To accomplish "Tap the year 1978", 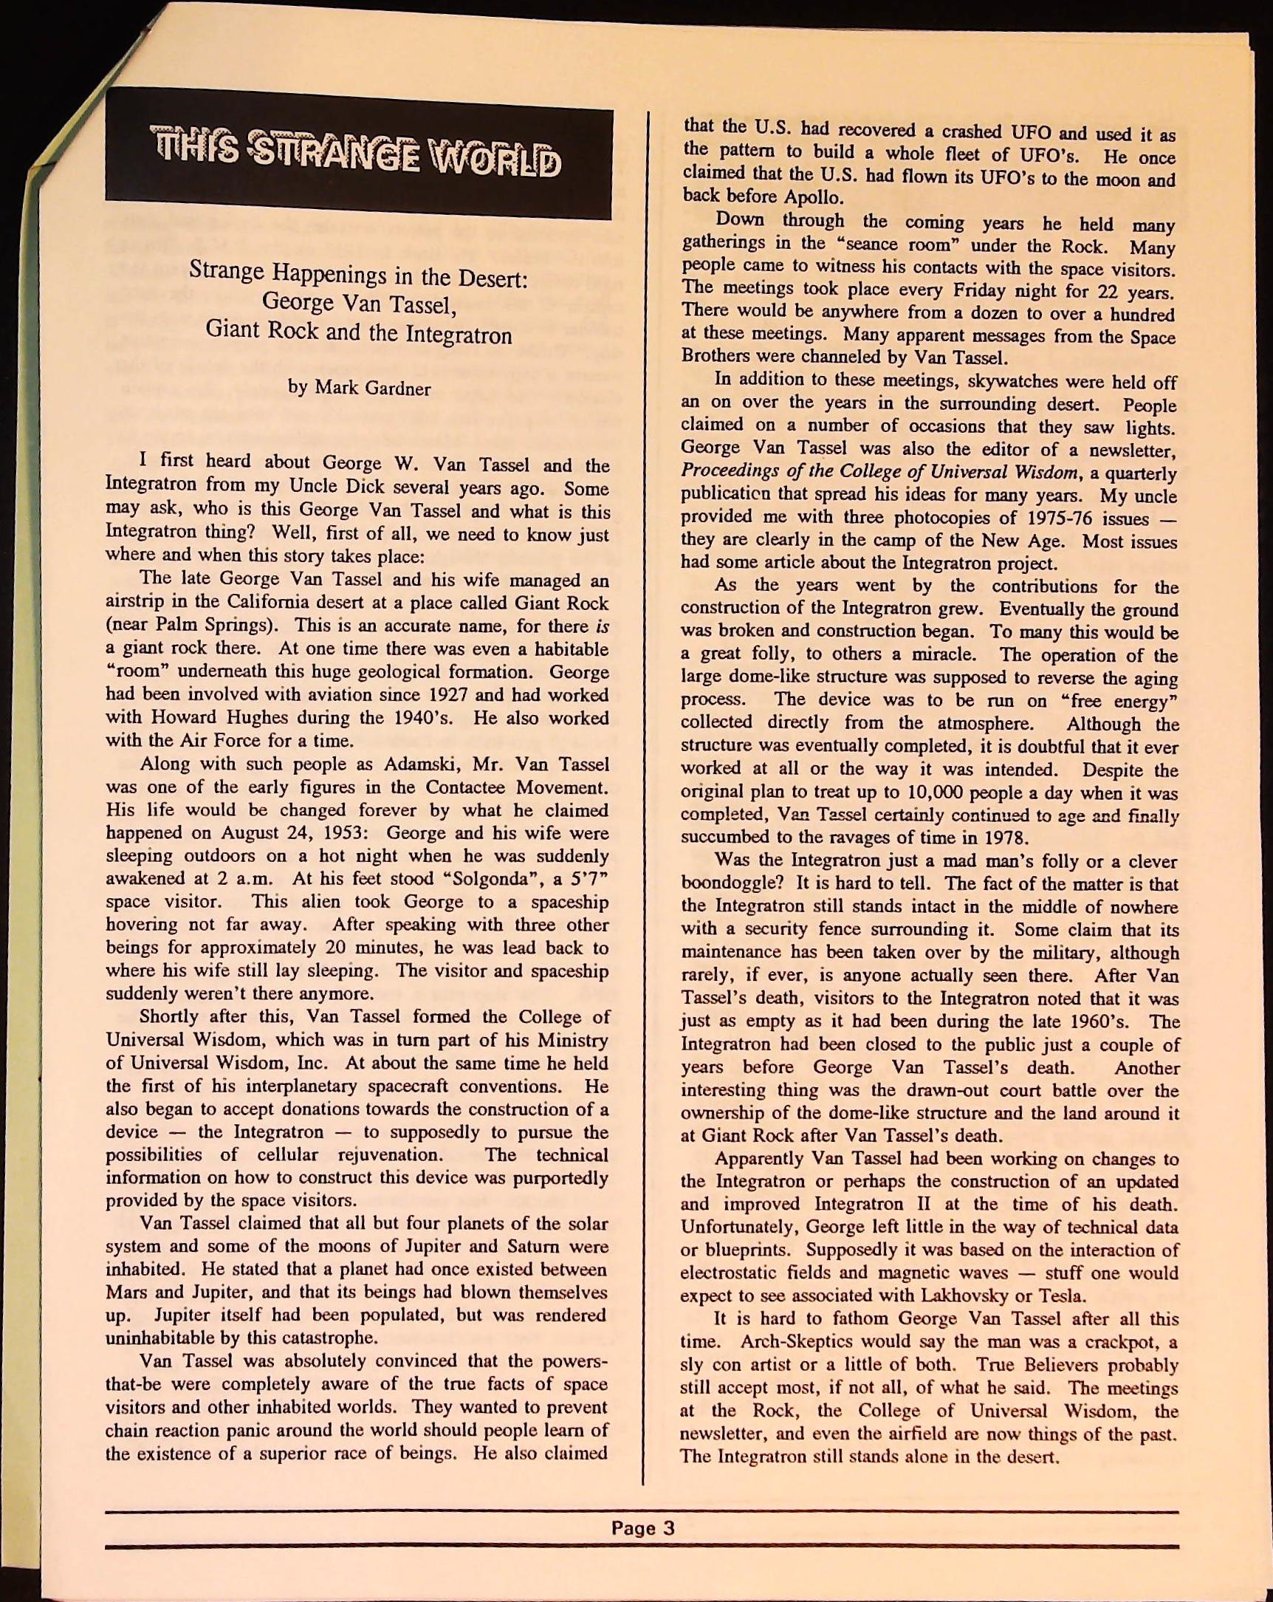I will click(x=1005, y=839).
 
